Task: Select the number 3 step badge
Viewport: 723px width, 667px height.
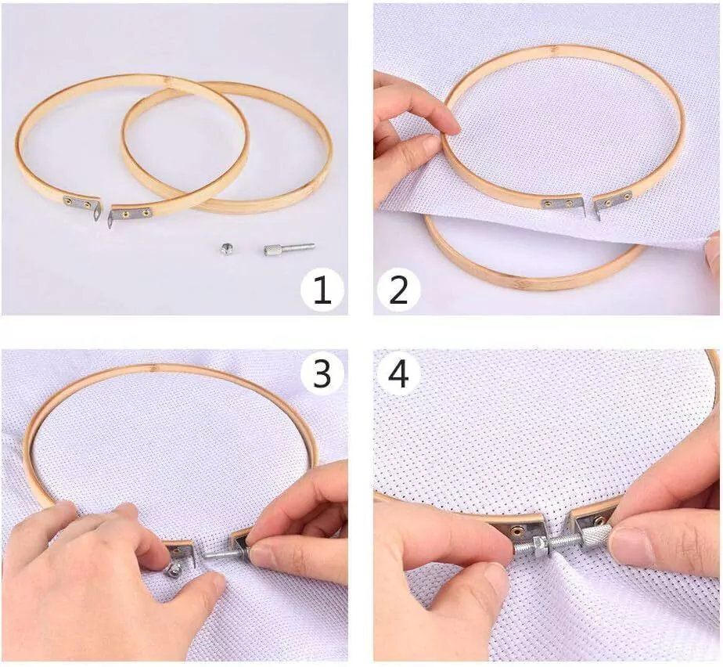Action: click(x=322, y=373)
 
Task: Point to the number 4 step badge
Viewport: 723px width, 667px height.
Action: click(x=399, y=373)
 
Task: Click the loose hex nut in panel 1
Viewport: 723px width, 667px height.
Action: click(x=226, y=249)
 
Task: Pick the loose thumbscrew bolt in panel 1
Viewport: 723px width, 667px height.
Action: click(x=289, y=249)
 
